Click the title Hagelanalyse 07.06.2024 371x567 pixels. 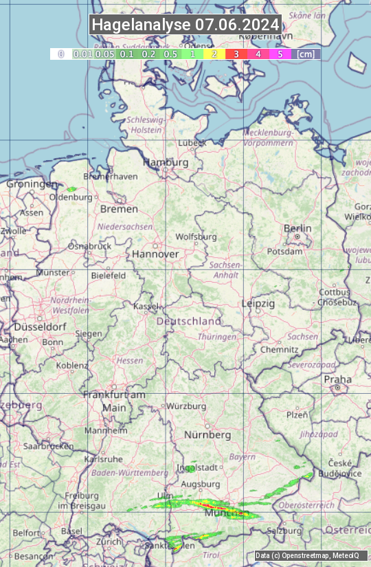pyautogui.click(x=185, y=25)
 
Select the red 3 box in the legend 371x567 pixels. pyautogui.click(x=236, y=54)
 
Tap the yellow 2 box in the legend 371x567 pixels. pyautogui.click(x=214, y=54)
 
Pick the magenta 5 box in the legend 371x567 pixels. pyautogui.click(x=280, y=54)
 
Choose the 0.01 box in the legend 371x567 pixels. pyautogui.click(x=82, y=54)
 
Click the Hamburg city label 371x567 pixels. pyautogui.click(x=166, y=163)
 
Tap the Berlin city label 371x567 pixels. pyautogui.click(x=297, y=229)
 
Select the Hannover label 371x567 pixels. pyautogui.click(x=155, y=254)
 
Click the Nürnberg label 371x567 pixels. pyautogui.click(x=207, y=435)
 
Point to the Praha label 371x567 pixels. pyautogui.click(x=337, y=379)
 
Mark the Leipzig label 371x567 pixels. pyautogui.click(x=258, y=303)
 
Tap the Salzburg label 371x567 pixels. pyautogui.click(x=284, y=531)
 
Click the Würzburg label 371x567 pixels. pyautogui.click(x=186, y=406)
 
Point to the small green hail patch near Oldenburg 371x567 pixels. pyautogui.click(x=71, y=189)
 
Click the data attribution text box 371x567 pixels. pyautogui.click(x=311, y=555)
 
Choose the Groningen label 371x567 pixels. pyautogui.click(x=32, y=184)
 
